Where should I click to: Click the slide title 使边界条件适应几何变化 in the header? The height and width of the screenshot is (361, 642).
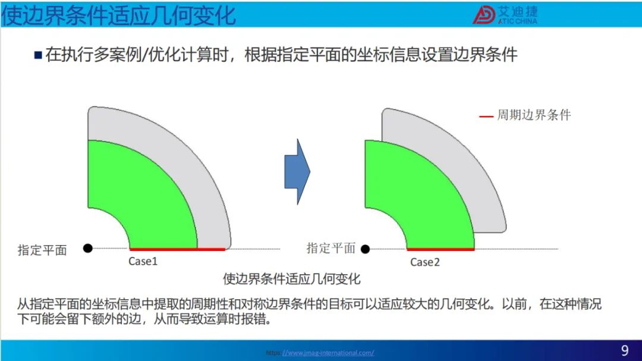click(x=119, y=15)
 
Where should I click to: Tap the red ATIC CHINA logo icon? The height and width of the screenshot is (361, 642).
click(x=484, y=15)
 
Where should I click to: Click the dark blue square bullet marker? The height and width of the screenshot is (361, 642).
click(x=38, y=55)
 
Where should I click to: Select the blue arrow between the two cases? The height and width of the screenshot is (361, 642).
click(x=297, y=172)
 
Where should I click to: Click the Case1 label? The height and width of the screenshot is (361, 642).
click(x=143, y=261)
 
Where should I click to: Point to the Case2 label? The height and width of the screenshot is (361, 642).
click(x=425, y=262)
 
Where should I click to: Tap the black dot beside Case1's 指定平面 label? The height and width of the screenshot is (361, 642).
click(x=87, y=248)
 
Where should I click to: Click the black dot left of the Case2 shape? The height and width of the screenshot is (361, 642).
click(x=365, y=249)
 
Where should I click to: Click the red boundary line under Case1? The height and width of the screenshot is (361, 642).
click(x=177, y=249)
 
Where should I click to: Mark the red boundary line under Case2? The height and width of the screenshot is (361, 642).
click(x=440, y=249)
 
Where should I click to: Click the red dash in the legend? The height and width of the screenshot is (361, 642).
click(x=486, y=117)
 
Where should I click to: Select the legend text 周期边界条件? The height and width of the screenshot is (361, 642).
click(x=534, y=115)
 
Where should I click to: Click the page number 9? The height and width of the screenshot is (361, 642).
click(x=625, y=350)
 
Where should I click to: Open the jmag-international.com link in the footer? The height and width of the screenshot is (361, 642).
click(x=328, y=353)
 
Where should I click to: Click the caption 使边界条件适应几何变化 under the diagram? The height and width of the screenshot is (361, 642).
click(x=291, y=279)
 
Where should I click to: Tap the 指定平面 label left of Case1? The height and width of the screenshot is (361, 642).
click(x=42, y=250)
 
